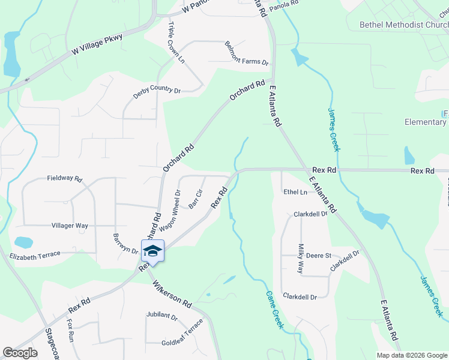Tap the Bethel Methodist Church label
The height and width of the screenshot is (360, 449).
click(x=403, y=25)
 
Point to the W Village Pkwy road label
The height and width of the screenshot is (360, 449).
click(x=97, y=46)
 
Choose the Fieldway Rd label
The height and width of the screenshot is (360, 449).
click(x=64, y=178)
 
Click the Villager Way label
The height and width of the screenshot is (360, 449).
click(x=70, y=226)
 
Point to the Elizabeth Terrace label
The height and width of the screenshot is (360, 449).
click(x=35, y=254)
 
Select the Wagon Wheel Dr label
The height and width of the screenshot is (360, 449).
click(x=169, y=211)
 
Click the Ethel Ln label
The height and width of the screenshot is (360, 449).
click(x=295, y=192)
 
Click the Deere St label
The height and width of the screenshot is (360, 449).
click(x=319, y=256)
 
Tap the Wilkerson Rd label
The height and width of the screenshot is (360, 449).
click(x=171, y=293)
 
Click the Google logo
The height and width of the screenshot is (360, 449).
click(x=20, y=353)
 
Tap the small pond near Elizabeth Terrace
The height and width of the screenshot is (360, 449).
click(x=23, y=242)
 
